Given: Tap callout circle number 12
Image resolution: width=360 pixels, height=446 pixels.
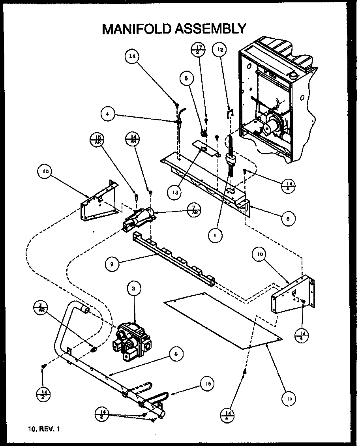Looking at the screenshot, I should pyautogui.click(x=220, y=50).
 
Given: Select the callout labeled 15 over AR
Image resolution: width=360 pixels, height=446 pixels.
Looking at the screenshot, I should pyautogui.click(x=96, y=140).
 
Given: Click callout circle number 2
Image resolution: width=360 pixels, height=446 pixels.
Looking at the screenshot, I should pyautogui.click(x=134, y=289).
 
